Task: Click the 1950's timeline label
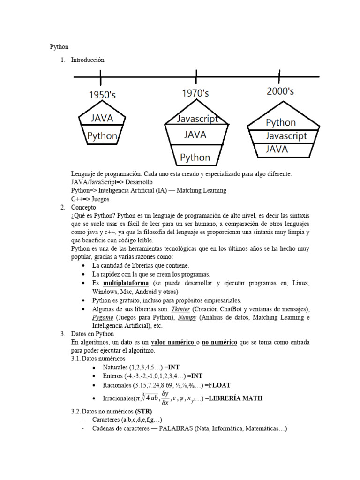click(x=102, y=95)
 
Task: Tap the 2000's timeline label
click(x=280, y=92)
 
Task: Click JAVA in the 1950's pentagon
click(x=102, y=118)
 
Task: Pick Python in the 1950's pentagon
click(x=102, y=136)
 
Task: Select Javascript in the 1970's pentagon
click(x=197, y=119)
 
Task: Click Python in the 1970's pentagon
click(x=195, y=157)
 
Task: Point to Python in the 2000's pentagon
click(x=281, y=123)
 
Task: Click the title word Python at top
click(x=60, y=47)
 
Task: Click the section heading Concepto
click(x=83, y=207)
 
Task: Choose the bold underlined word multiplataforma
click(x=126, y=284)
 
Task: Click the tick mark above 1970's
click(x=196, y=75)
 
